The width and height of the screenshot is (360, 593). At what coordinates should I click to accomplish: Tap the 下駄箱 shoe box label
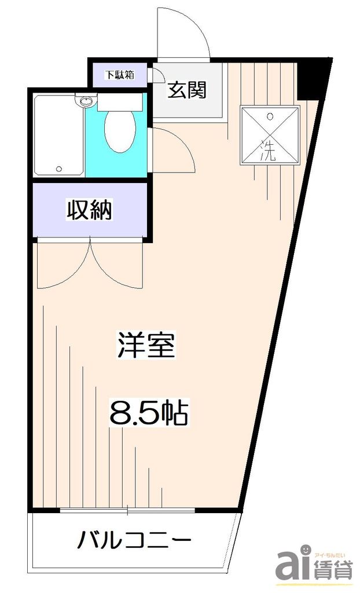119,75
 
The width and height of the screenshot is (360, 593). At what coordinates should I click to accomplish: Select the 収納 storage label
90,210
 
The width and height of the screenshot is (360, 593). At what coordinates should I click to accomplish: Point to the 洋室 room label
146,346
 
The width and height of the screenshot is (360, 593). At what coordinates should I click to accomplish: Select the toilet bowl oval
120,131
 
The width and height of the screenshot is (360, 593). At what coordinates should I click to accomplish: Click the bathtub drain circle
58,169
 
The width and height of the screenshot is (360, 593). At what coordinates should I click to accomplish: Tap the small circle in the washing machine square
270,115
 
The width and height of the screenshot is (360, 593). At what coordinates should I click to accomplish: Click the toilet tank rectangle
120,103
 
